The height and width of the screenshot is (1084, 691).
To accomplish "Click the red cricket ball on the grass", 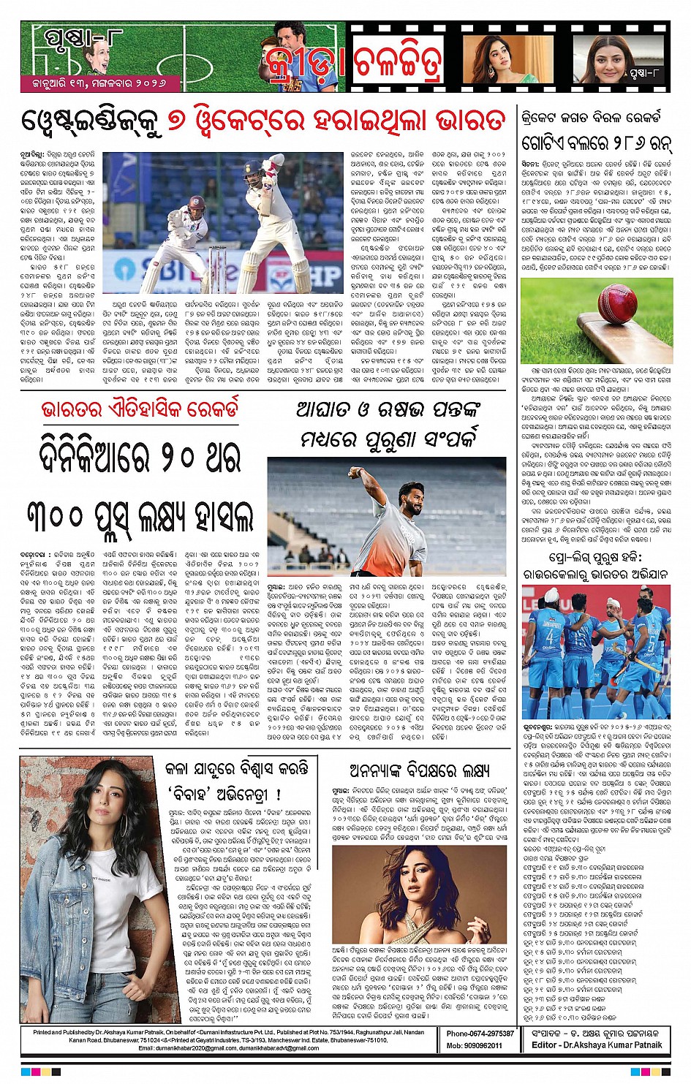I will pyautogui.click(x=617, y=301).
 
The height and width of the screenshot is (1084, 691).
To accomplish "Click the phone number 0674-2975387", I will pyautogui.click(x=480, y=1034).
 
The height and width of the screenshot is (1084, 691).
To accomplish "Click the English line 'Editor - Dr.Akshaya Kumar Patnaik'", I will pyautogui.click(x=597, y=1045).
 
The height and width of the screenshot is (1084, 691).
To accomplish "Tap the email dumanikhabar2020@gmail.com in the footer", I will pyautogui.click(x=178, y=1048).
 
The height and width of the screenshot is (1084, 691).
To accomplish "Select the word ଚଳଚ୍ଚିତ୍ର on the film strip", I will pyautogui.click(x=399, y=63).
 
